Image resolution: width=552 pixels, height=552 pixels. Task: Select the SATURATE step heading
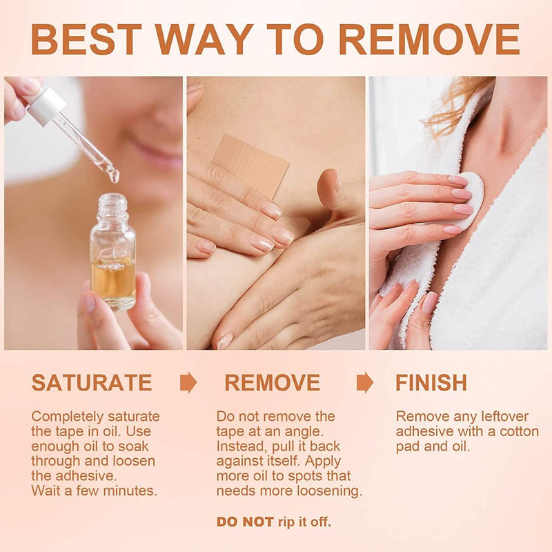[x=92, y=383]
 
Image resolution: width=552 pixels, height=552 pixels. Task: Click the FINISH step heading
[x=431, y=383]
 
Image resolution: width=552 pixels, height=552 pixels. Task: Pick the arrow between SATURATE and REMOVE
[x=188, y=382]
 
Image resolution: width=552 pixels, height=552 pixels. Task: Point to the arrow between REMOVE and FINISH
[x=365, y=382]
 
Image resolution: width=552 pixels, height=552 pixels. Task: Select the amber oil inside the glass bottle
[x=113, y=278]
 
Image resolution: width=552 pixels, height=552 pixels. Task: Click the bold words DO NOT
[x=245, y=522]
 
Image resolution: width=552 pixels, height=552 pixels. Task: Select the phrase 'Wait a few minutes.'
[x=95, y=491]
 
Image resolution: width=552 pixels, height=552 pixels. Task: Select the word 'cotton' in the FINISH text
[x=520, y=432]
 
